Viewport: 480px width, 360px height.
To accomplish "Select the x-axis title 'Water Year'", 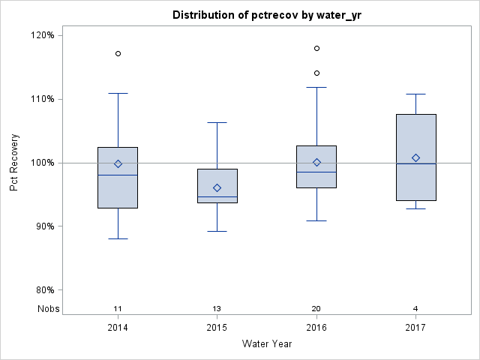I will click(x=266, y=343).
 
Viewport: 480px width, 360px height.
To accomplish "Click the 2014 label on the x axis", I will click(x=118, y=328).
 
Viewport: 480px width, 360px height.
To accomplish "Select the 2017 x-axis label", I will click(x=415, y=328).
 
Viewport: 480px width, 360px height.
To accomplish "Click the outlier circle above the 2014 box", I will click(x=118, y=54).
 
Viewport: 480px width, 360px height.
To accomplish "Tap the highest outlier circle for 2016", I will click(x=316, y=48).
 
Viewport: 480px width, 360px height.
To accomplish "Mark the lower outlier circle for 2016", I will click(x=316, y=73).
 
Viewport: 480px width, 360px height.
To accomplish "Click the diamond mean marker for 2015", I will click(x=217, y=187).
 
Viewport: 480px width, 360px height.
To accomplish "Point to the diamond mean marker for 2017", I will click(x=415, y=157).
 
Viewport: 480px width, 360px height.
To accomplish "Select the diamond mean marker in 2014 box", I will click(x=118, y=163).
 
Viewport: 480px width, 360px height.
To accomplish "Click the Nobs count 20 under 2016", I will click(x=316, y=308).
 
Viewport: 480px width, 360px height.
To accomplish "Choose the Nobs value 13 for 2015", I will click(x=217, y=308).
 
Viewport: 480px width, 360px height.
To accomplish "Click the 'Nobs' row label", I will click(x=48, y=308).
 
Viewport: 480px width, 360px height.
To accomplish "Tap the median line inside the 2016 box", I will click(x=316, y=172).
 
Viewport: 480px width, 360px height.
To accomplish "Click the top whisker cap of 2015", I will click(x=217, y=122).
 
